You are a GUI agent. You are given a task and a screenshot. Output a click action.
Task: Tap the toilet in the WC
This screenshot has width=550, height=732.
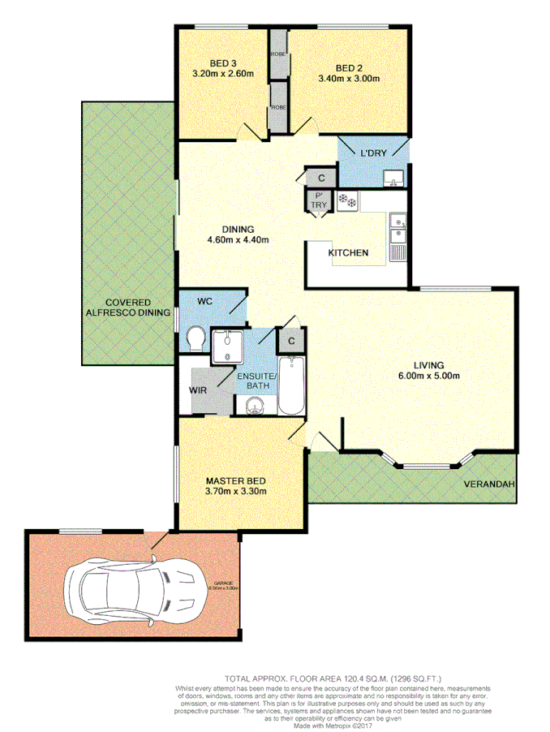[195, 339]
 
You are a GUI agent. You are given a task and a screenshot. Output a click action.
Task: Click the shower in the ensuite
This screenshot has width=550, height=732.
[226, 347]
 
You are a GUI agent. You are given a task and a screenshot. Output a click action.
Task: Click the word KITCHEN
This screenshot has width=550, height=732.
[348, 253]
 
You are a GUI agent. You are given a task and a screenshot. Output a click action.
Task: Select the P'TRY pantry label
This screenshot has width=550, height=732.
[318, 200]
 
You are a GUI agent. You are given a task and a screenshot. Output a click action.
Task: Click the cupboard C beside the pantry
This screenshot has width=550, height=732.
[321, 178]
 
